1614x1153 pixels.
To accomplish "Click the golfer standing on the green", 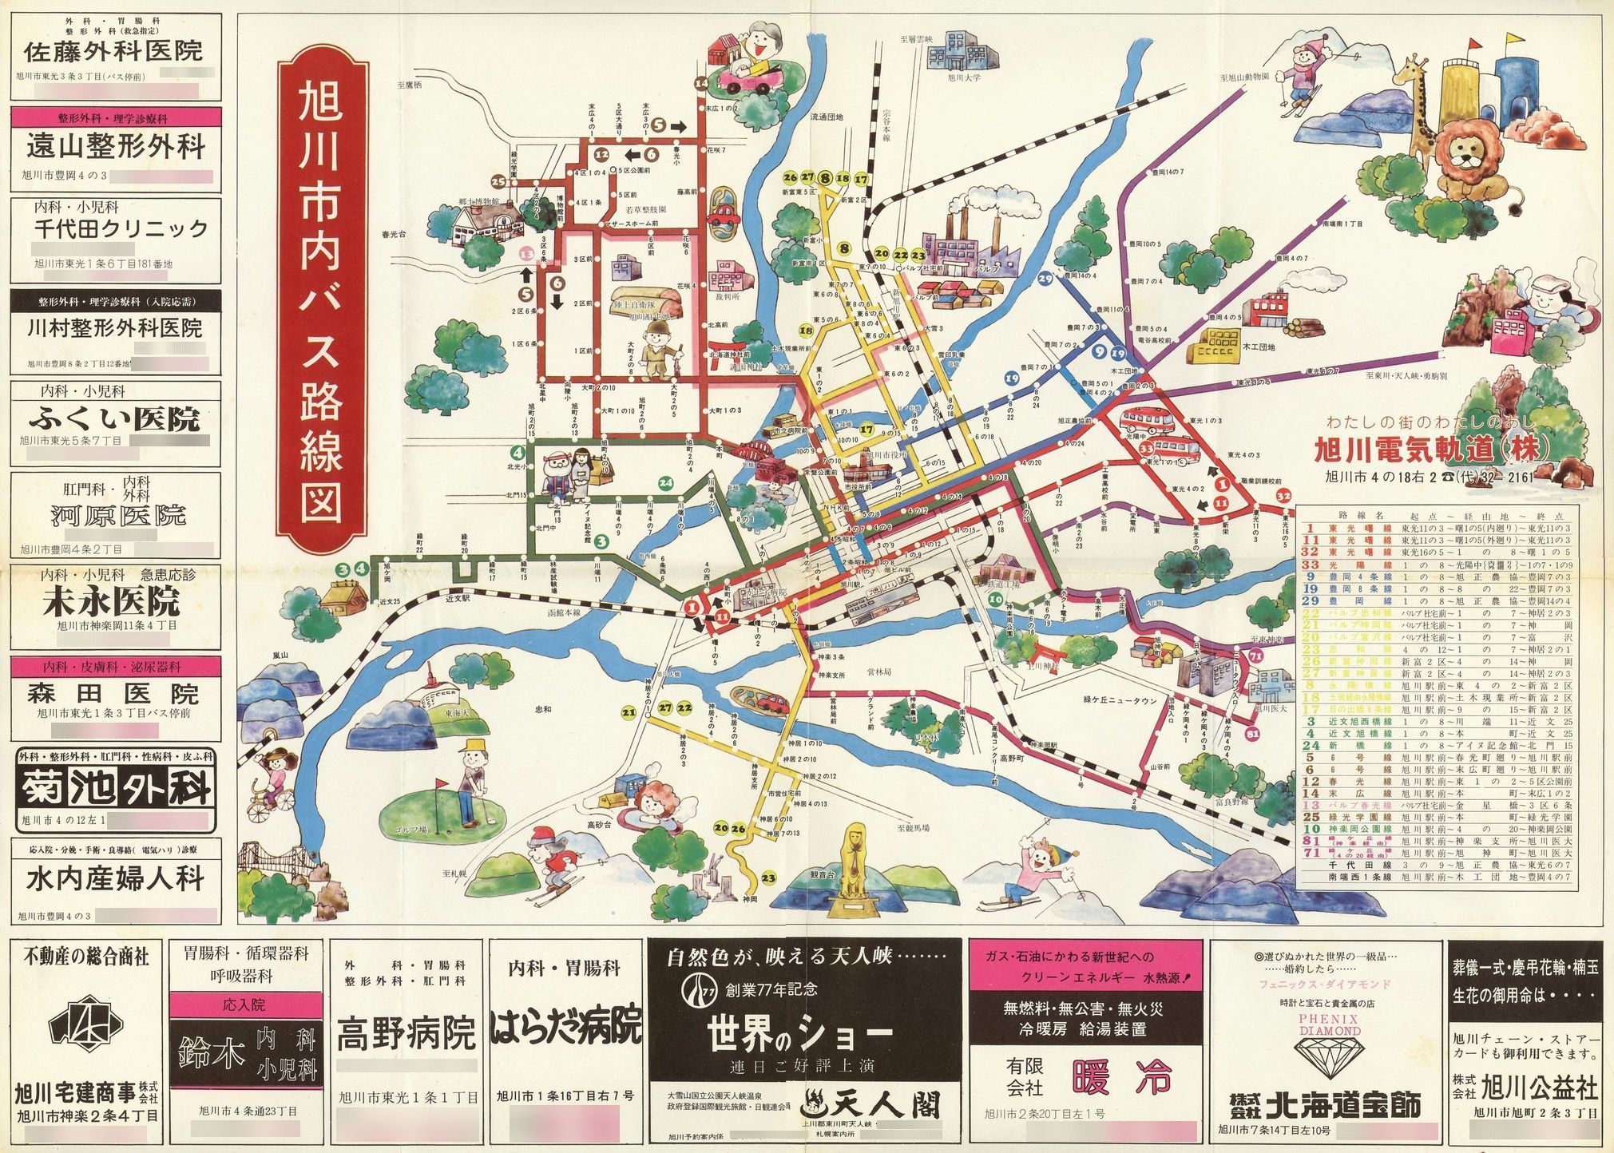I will pyautogui.click(x=474, y=783).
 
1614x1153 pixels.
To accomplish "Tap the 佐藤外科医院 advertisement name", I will pyautogui.click(x=113, y=53).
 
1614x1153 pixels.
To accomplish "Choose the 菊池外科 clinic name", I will pyautogui.click(x=117, y=788).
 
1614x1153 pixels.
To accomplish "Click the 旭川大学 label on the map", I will pyautogui.click(x=964, y=78).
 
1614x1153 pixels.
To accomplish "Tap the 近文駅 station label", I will pyautogui.click(x=458, y=598).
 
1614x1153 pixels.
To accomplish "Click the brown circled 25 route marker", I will pyautogui.click(x=499, y=181).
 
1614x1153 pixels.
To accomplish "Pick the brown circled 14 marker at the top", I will pyautogui.click(x=701, y=83).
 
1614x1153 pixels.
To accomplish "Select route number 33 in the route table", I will pyautogui.click(x=1310, y=565).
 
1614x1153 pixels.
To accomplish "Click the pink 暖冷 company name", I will pyautogui.click(x=1121, y=1078).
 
